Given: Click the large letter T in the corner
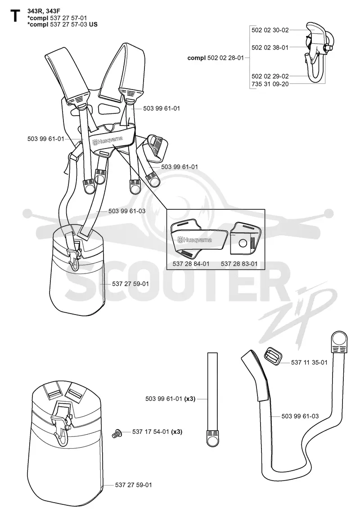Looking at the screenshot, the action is pyautogui.click(x=15, y=15).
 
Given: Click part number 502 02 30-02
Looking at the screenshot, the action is pyautogui.click(x=270, y=30).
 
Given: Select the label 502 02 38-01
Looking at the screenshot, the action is pyautogui.click(x=270, y=48).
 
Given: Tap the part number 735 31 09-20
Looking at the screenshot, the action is pyautogui.click(x=270, y=84).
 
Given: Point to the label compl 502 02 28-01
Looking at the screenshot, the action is pyautogui.click(x=216, y=58).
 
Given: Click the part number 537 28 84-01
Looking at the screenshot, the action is pyautogui.click(x=191, y=264).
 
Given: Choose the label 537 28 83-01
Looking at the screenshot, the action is pyautogui.click(x=239, y=264).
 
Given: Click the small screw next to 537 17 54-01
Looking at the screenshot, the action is pyautogui.click(x=117, y=433).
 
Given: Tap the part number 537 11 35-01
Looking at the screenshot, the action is pyautogui.click(x=309, y=362).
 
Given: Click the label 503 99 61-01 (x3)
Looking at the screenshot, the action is pyautogui.click(x=171, y=399).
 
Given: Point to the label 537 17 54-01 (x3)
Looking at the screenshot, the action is pyautogui.click(x=157, y=432).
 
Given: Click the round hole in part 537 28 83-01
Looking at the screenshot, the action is pyautogui.click(x=243, y=244).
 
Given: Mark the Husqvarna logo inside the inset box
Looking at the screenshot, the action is pyautogui.click(x=194, y=240).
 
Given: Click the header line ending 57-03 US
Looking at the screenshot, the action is pyautogui.click(x=63, y=24).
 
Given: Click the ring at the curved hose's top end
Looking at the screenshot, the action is pyautogui.click(x=340, y=339).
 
